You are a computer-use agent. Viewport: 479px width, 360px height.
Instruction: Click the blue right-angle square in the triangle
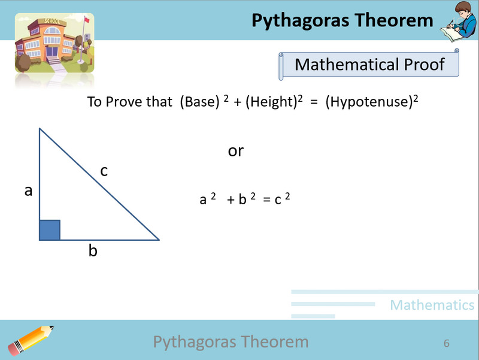tap(50, 230)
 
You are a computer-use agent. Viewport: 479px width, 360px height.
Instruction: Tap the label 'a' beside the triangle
tap(28, 191)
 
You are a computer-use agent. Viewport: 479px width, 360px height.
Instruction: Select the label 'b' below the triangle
tap(93, 251)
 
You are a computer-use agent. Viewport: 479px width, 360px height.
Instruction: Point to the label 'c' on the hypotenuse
tap(104, 171)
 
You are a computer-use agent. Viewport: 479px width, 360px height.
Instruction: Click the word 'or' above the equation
tap(236, 151)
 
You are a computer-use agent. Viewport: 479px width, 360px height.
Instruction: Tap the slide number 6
tap(447, 343)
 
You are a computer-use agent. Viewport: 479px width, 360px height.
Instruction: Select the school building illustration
tap(54, 43)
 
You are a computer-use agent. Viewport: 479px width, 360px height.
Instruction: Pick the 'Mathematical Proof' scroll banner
tap(369, 65)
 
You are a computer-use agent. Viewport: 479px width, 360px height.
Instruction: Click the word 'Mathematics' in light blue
tap(432, 305)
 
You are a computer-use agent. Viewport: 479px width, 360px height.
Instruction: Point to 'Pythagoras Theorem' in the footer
tap(231, 342)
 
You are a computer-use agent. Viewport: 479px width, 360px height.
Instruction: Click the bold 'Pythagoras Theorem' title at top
tap(342, 20)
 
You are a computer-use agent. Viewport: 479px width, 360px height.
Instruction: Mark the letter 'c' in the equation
tap(278, 199)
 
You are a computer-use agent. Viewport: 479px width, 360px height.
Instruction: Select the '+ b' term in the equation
tap(238, 199)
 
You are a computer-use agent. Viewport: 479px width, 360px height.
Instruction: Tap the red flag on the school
tap(86, 19)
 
